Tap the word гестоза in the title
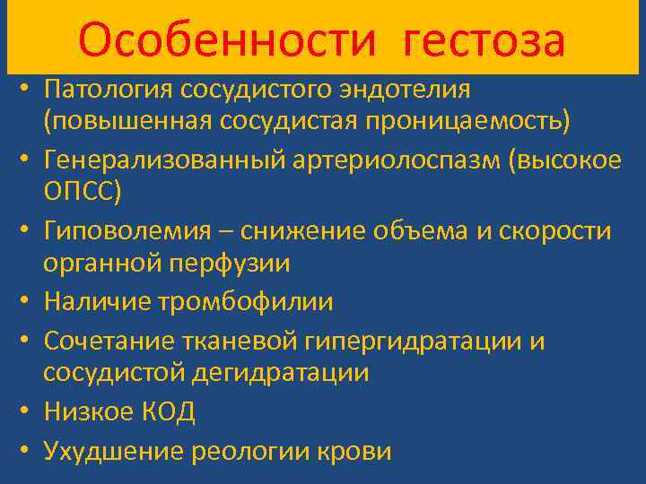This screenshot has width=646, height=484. click(x=484, y=39)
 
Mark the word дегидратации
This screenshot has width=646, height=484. click(x=283, y=371)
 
